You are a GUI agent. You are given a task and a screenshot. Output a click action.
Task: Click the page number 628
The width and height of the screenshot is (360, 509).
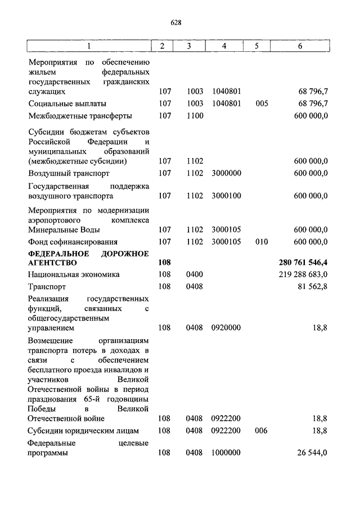(175, 22)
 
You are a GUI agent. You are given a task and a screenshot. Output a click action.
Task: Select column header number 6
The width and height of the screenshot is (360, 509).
(300, 46)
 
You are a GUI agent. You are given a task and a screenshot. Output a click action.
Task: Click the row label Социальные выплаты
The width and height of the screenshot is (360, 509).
(67, 103)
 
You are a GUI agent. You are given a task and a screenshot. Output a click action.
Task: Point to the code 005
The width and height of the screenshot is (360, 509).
(262, 103)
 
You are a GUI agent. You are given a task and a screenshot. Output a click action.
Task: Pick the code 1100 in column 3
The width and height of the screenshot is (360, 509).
(195, 116)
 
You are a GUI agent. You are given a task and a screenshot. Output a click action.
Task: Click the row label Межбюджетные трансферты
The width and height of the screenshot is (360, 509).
(80, 116)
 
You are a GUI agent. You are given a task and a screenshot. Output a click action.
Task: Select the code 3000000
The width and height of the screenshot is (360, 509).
(226, 173)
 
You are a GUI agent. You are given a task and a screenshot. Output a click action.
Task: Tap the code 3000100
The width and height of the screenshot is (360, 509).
(226, 196)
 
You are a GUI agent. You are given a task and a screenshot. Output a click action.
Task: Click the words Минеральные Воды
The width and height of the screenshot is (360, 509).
(64, 229)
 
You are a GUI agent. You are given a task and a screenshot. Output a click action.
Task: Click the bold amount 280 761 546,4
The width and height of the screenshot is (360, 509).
(303, 263)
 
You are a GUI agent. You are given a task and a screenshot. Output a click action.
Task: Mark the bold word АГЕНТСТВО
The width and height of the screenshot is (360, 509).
(53, 263)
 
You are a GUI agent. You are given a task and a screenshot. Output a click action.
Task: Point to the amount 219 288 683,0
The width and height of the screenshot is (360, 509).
(303, 274)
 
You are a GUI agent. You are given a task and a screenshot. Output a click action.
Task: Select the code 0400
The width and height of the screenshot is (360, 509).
(195, 274)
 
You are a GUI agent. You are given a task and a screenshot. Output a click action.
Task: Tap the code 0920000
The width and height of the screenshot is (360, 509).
(226, 327)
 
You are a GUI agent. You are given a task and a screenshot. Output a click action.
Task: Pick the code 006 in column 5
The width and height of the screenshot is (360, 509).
(262, 431)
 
